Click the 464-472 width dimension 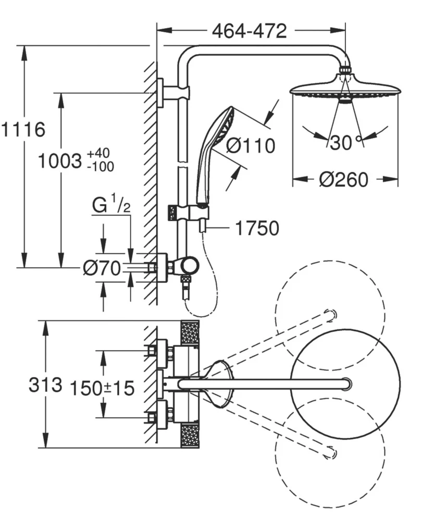tap(249, 31)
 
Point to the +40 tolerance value tap(99, 154)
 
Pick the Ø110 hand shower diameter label tap(251, 146)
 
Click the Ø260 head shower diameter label tap(344, 180)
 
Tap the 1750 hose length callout tap(257, 228)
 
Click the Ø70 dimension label tap(102, 268)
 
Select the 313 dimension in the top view tap(46, 386)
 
